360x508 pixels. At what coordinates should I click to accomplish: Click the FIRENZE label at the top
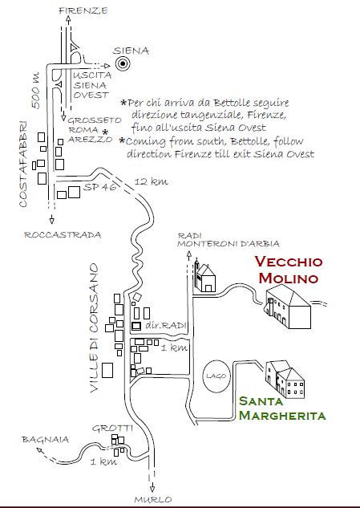(83, 10)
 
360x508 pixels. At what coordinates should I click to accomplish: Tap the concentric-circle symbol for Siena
(123, 63)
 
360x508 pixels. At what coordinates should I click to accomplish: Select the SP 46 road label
(99, 187)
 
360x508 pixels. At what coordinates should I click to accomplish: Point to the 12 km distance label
(151, 181)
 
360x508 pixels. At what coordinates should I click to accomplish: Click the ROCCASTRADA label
(63, 234)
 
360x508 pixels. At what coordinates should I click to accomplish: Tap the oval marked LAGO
(216, 376)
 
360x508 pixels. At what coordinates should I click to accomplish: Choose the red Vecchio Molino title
(289, 270)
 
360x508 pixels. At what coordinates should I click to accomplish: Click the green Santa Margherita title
(282, 408)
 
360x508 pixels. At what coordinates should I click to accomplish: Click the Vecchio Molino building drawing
(288, 306)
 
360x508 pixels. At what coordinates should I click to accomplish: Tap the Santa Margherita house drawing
(285, 380)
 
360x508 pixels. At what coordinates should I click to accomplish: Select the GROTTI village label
(113, 429)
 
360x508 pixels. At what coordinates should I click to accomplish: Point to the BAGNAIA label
(46, 440)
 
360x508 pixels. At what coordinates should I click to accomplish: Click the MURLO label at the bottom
(153, 500)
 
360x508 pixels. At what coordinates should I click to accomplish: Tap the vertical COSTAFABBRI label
(22, 164)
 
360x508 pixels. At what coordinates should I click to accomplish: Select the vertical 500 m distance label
(35, 91)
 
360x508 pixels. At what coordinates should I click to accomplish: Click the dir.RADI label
(166, 325)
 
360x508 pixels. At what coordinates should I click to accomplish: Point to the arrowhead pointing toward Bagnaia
(39, 450)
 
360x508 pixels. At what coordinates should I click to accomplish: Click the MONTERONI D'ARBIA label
(229, 244)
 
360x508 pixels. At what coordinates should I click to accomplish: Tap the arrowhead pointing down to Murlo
(152, 489)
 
